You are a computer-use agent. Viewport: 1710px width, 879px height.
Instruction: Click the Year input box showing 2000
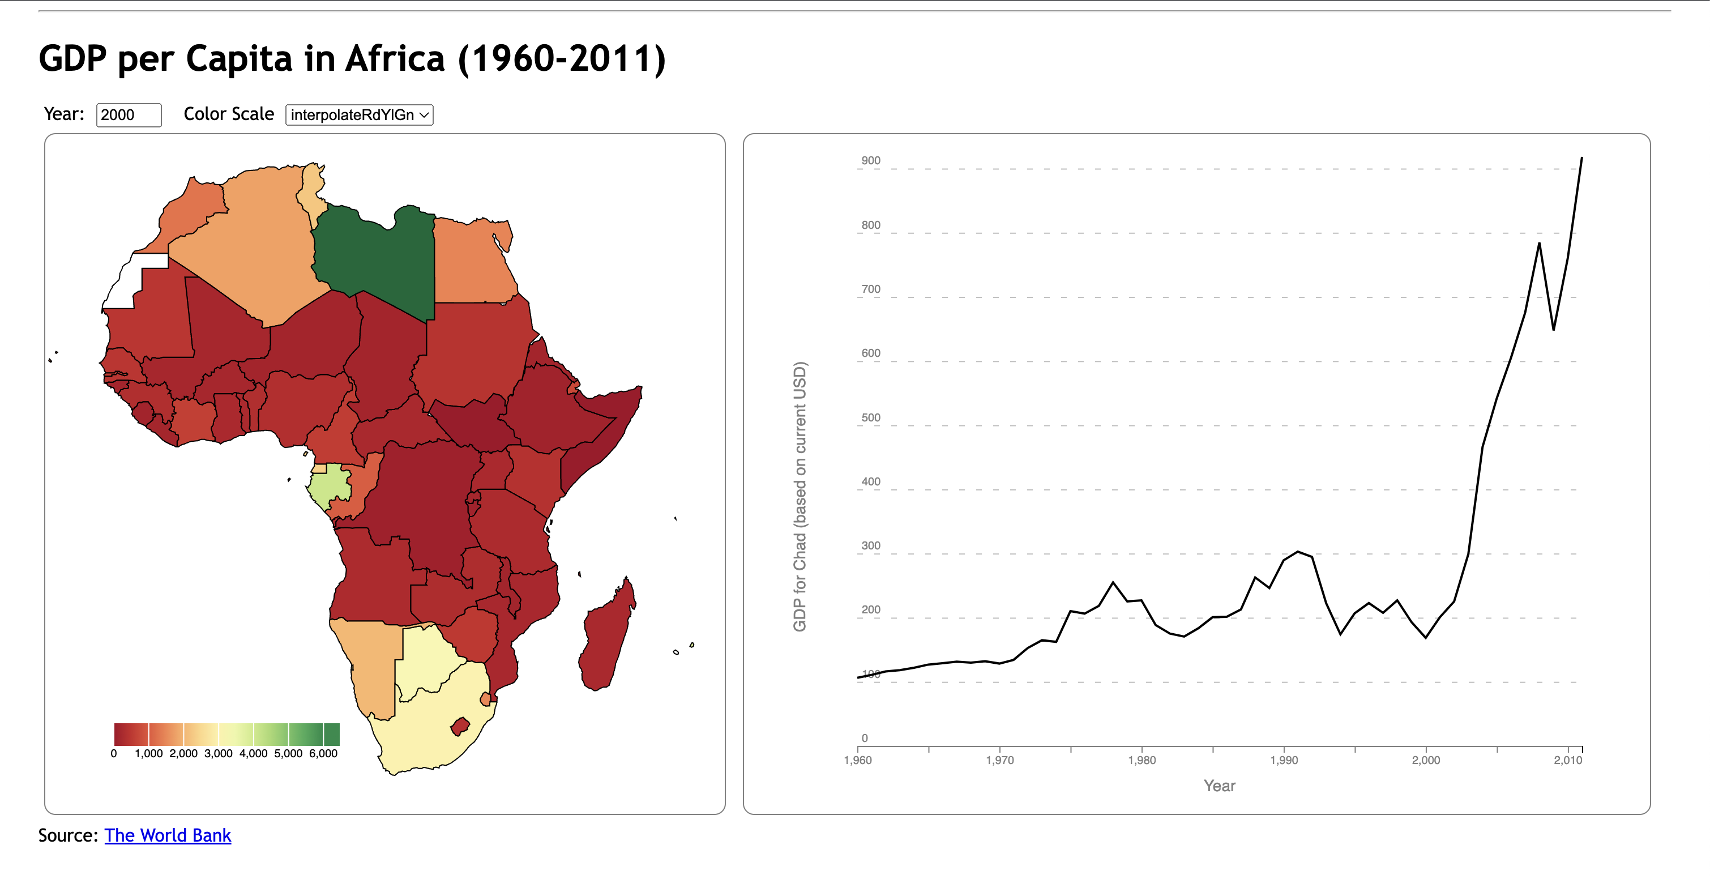pyautogui.click(x=128, y=115)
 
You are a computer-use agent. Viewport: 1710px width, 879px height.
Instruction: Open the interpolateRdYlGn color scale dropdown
pyautogui.click(x=359, y=115)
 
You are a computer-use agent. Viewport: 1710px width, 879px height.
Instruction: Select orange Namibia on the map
pyautogui.click(x=372, y=664)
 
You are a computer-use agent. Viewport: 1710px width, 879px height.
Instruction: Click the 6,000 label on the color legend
pyautogui.click(x=323, y=753)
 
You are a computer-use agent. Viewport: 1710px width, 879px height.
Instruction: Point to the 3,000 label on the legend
pyautogui.click(x=219, y=753)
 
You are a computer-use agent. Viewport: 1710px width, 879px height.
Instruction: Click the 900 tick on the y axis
pyautogui.click(x=870, y=161)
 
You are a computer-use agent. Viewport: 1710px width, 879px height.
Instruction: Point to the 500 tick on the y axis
pyautogui.click(x=870, y=417)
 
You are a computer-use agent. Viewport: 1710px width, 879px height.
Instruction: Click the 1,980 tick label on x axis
pyautogui.click(x=1141, y=760)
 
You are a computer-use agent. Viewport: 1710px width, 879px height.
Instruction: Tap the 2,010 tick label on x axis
pyautogui.click(x=1567, y=760)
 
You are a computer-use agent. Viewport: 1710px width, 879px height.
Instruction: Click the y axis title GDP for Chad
pyautogui.click(x=800, y=496)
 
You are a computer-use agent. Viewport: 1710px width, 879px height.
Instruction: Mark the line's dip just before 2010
pyautogui.click(x=1553, y=329)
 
